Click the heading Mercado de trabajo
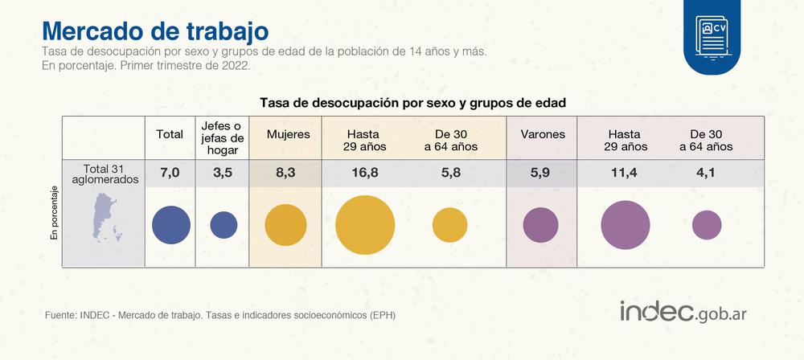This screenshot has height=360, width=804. tap(154, 31)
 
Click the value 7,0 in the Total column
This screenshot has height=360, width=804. tap(170, 172)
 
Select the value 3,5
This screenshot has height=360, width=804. tap(223, 172)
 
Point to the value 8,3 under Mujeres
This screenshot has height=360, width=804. tap(286, 172)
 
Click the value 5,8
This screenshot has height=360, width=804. tap(449, 172)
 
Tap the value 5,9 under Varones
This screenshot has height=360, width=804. tap(542, 172)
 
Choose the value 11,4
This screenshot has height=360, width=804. tap(625, 172)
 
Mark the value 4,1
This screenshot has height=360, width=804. tap(706, 172)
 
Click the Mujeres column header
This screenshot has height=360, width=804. tap(288, 134)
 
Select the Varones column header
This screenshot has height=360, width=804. tap(543, 134)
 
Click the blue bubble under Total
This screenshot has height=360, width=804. tap(170, 225)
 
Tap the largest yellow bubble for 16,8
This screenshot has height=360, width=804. tap(365, 224)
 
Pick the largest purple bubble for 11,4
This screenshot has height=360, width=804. tap(625, 225)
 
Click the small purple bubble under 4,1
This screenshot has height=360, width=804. tap(706, 225)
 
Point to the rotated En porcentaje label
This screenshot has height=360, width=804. tap(55, 213)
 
